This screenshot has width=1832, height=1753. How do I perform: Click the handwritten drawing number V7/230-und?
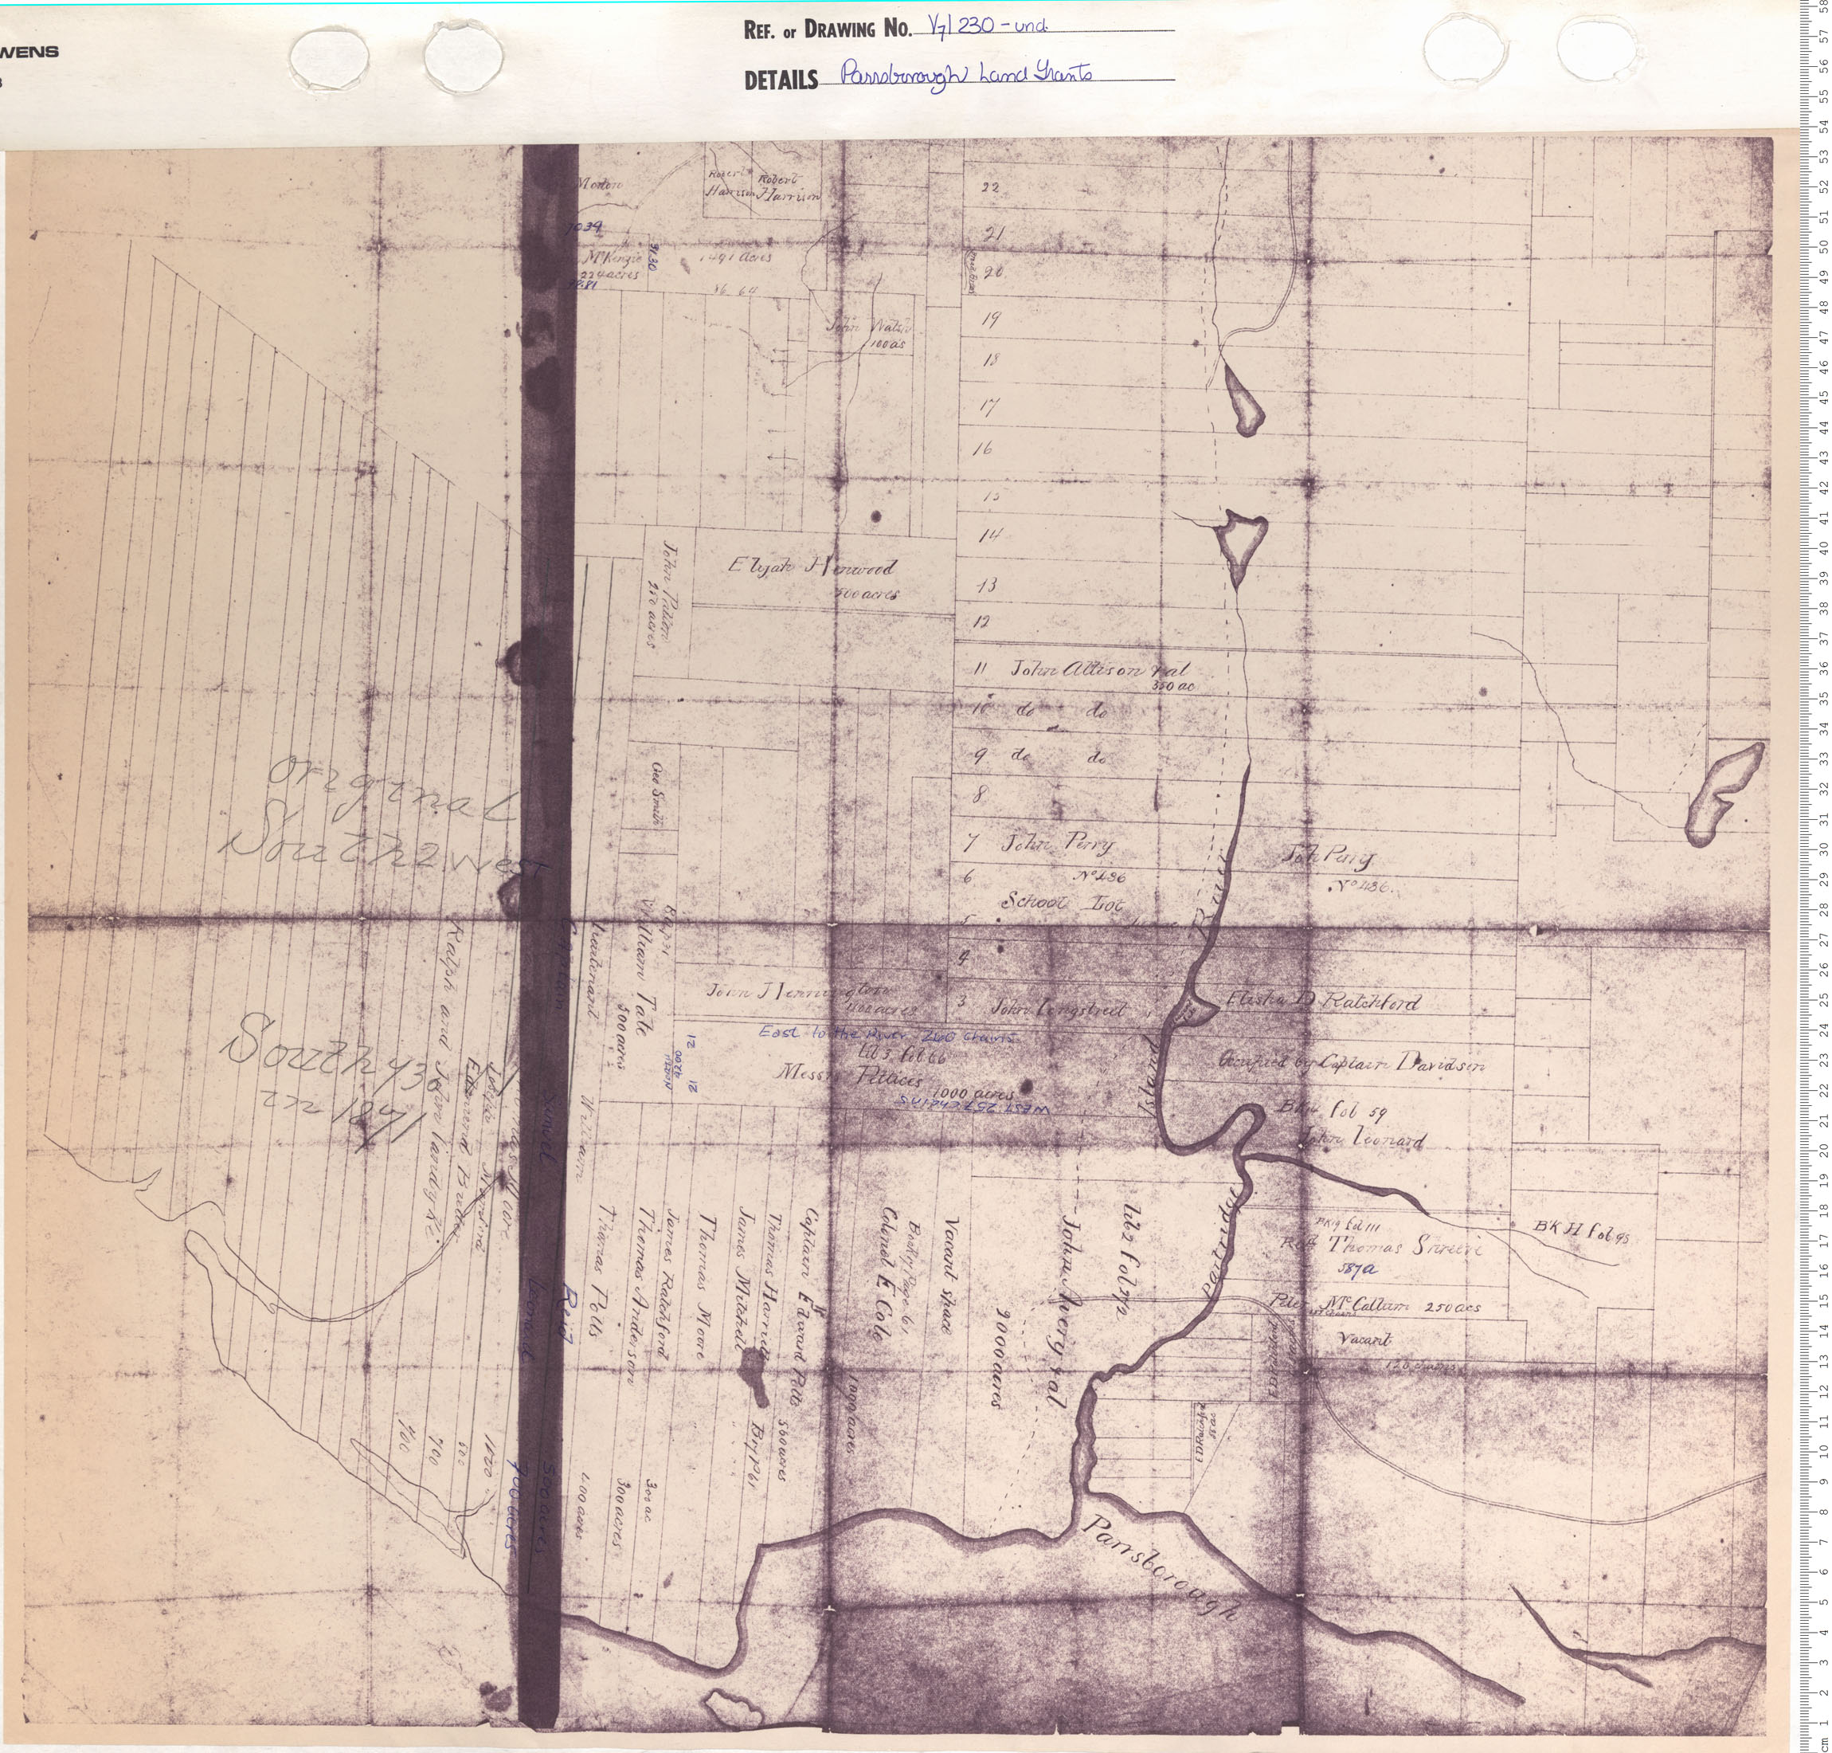(x=983, y=27)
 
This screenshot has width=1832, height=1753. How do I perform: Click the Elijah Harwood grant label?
(x=810, y=568)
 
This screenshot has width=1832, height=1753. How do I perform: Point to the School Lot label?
(x=1063, y=903)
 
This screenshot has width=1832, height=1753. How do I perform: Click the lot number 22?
(x=989, y=187)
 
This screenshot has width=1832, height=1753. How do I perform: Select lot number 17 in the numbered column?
(x=988, y=406)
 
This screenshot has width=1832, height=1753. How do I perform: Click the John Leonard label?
(x=1363, y=1141)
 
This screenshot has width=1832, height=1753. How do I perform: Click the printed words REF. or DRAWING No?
(x=826, y=30)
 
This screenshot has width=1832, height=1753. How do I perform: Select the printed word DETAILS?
(x=780, y=81)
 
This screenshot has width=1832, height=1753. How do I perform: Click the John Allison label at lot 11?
(x=1098, y=670)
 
